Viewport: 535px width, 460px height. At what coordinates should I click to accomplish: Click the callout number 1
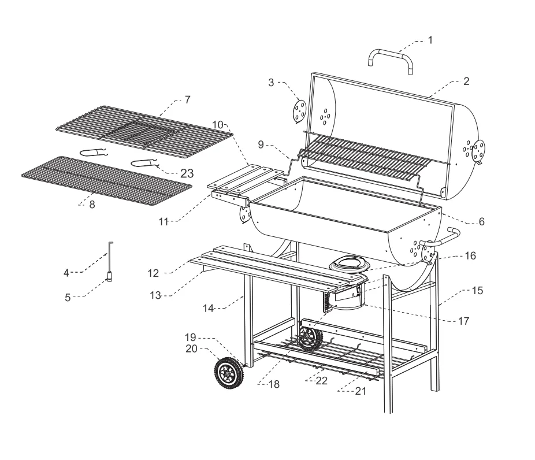pyautogui.click(x=429, y=40)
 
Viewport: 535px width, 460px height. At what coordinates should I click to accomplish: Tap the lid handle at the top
pyautogui.click(x=391, y=55)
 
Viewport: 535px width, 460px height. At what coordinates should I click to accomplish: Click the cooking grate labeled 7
pyautogui.click(x=144, y=132)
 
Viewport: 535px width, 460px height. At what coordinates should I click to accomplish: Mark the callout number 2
pyautogui.click(x=466, y=81)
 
